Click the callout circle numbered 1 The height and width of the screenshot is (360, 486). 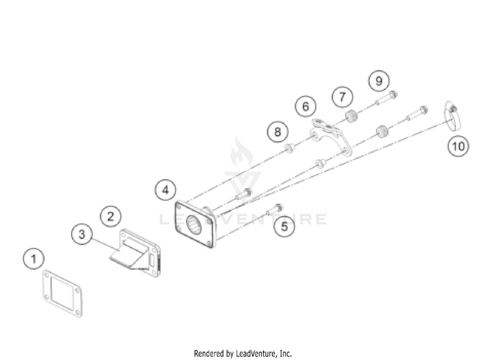coord(34,258)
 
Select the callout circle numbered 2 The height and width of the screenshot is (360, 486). coord(110,215)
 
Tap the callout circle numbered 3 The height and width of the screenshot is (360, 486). coord(82,235)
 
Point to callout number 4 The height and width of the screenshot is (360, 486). coord(165,190)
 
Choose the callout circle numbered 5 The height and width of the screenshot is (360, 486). coord(283,226)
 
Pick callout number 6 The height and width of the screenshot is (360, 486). coord(305,105)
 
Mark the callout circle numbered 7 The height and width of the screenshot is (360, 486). coord(341,97)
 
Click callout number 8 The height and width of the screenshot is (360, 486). coord(277,132)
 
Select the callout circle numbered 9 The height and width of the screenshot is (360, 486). coord(378,81)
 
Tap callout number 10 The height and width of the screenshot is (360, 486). coord(458,147)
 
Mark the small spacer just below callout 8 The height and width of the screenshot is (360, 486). coord(290,150)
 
